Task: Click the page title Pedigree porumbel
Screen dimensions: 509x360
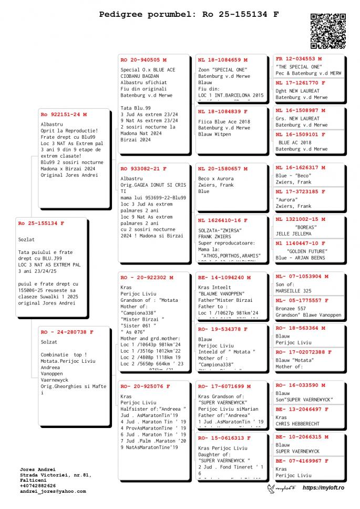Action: pos(189,15)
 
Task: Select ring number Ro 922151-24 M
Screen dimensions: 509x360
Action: pos(64,114)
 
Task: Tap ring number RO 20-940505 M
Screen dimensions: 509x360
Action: pos(143,60)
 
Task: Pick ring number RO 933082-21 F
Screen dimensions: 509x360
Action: pos(143,169)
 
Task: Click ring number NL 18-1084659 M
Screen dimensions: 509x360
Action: pos(223,60)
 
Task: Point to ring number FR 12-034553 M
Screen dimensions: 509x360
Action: pos(299,59)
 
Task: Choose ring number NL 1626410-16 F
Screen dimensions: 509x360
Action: pos(223,220)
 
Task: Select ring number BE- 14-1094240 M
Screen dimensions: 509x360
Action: pos(224,277)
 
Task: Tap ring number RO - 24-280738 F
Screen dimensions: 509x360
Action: pos(67,332)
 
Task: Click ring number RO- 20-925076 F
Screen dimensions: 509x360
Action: pos(145,386)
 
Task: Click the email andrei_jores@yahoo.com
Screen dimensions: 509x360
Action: pos(53,491)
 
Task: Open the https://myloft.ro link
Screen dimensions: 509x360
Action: pos(323,488)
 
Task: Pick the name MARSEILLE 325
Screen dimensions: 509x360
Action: pos(293,291)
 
